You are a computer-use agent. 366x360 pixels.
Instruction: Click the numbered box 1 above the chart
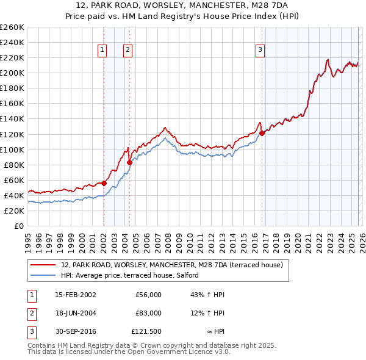[102, 50]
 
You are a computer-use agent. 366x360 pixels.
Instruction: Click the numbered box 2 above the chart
[127, 50]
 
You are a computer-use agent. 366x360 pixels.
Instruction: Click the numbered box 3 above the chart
[260, 50]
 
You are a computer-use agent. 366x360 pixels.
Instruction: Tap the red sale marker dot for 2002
[104, 182]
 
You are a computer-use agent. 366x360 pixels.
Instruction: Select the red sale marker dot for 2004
[129, 162]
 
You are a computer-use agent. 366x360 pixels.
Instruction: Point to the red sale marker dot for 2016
[262, 132]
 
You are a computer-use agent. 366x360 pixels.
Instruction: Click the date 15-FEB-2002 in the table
[75, 295]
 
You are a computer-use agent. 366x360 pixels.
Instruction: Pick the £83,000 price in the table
[148, 313]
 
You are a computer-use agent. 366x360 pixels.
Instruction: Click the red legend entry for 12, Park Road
[171, 265]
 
